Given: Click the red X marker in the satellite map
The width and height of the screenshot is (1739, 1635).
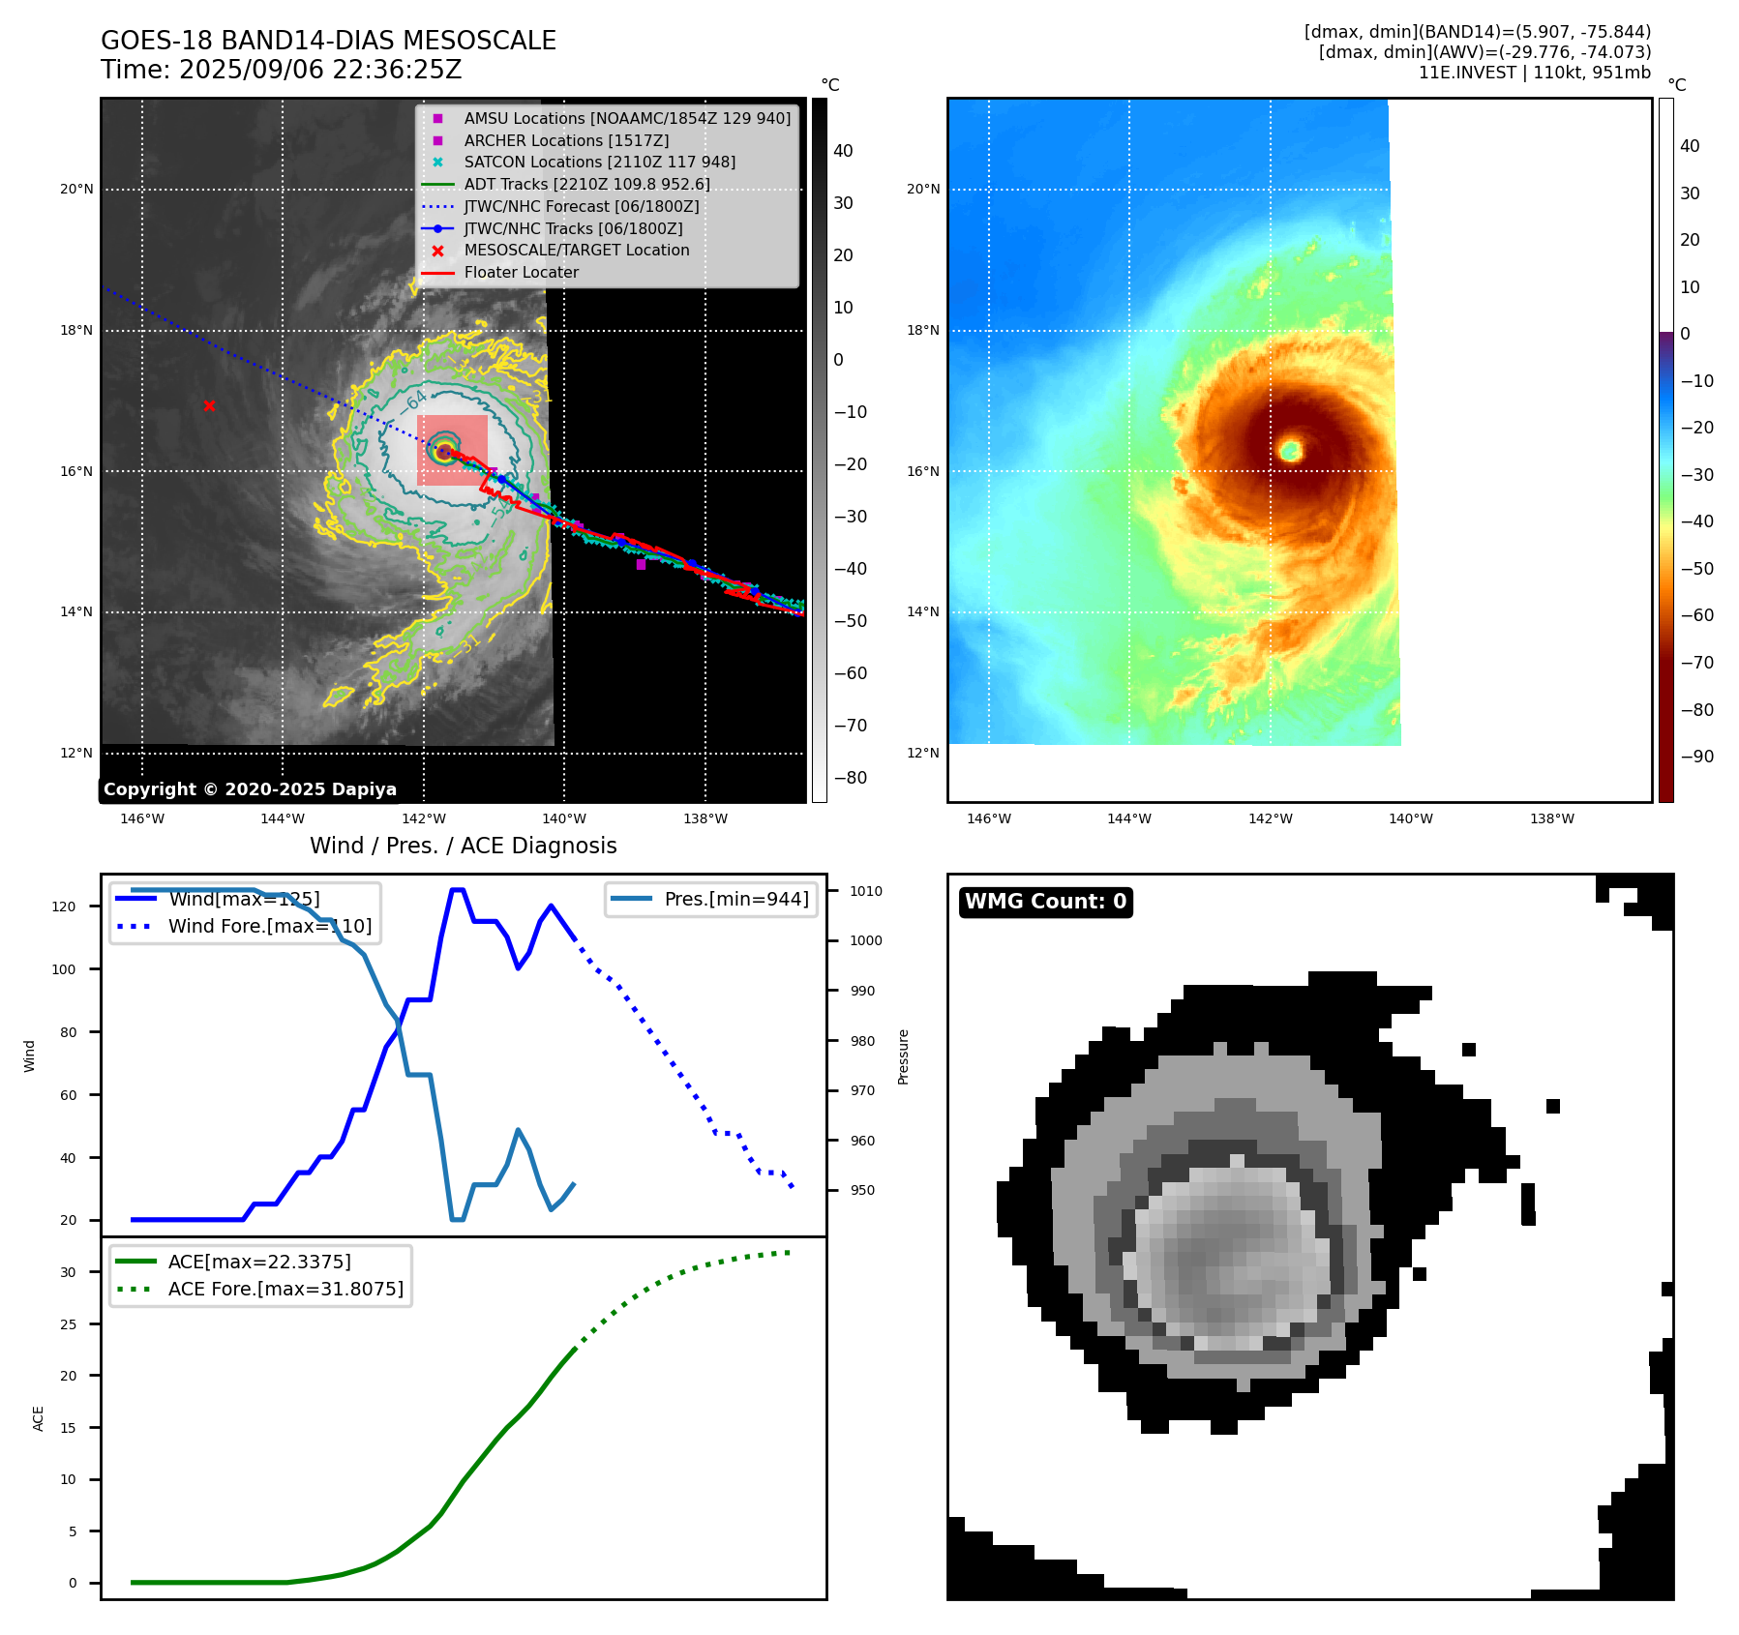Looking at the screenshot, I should click(209, 406).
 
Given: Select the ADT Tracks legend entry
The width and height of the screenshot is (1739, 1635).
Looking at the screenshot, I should click(586, 184).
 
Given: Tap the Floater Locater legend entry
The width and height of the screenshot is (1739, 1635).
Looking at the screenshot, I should click(521, 273).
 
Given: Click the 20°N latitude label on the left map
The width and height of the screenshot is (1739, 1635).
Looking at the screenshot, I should click(76, 190).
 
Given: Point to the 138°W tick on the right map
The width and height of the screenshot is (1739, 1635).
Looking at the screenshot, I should click(1551, 819).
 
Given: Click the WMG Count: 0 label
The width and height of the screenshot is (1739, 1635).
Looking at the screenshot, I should click(1045, 902).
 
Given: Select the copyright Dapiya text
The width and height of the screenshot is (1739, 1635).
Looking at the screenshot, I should click(250, 789).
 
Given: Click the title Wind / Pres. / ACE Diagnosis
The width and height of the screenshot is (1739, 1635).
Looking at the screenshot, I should click(463, 846).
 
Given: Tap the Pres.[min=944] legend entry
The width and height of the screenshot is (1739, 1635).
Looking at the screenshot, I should click(735, 899).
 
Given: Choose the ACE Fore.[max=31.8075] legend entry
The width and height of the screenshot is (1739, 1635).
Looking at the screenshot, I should click(285, 1289).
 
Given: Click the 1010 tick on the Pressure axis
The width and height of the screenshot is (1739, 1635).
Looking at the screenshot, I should click(866, 891).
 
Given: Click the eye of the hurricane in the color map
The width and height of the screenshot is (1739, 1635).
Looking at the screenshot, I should click(1290, 450).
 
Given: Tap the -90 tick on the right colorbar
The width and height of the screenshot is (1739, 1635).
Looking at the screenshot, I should click(1696, 757).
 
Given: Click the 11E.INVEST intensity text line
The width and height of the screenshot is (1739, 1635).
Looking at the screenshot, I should click(1534, 73).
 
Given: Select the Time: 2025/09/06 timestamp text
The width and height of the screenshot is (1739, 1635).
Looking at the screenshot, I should click(281, 71).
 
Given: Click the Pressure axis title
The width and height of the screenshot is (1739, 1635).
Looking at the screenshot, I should click(903, 1056).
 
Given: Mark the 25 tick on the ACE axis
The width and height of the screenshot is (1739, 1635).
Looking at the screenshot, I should click(68, 1324).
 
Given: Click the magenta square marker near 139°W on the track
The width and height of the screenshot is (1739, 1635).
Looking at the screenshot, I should click(641, 565).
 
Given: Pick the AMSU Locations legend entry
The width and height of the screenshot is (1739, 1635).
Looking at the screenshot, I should click(626, 118).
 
